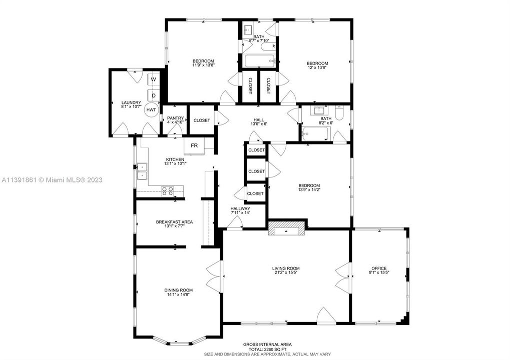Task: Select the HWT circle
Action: (151, 110)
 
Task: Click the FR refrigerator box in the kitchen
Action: (194, 145)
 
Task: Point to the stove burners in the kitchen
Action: (168, 190)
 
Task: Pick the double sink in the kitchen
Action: (142, 171)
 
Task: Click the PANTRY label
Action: (175, 118)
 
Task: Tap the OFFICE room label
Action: (379, 268)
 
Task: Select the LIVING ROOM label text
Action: (286, 268)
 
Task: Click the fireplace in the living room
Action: (286, 228)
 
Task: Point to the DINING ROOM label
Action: (178, 290)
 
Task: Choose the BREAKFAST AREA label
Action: (174, 222)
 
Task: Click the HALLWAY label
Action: (240, 208)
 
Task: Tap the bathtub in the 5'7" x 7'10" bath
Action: (260, 61)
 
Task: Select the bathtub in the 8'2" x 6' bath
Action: (316, 134)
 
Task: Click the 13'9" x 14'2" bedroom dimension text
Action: (309, 189)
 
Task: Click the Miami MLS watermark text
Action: (52, 179)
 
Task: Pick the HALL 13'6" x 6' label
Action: (259, 121)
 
